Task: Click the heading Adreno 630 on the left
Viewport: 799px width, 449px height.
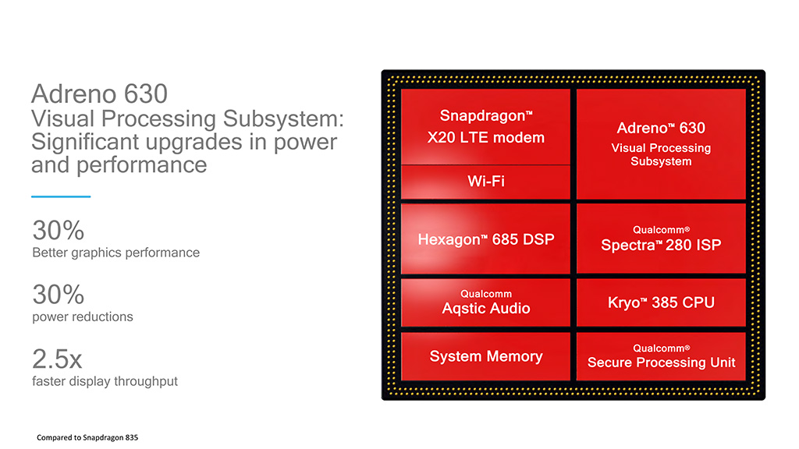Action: click(x=99, y=94)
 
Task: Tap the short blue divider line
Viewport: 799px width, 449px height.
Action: click(x=61, y=196)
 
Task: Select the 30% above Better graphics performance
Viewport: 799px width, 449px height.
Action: click(x=58, y=231)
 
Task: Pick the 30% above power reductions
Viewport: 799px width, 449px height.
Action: click(x=58, y=295)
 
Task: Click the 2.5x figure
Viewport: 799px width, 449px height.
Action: click(x=57, y=359)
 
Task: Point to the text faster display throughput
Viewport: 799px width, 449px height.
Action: click(x=105, y=381)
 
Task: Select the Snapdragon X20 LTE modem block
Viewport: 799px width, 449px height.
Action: click(x=485, y=126)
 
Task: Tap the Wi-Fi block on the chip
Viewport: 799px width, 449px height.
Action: click(x=485, y=182)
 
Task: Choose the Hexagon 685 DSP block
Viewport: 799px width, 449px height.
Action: click(x=485, y=239)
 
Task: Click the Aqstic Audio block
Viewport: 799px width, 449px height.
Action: click(x=485, y=302)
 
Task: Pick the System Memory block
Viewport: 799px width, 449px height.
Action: click(x=485, y=356)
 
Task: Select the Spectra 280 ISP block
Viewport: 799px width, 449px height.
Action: click(x=661, y=239)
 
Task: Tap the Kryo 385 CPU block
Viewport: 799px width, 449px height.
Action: click(x=661, y=302)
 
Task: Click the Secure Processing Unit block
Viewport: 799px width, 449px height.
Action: click(x=661, y=356)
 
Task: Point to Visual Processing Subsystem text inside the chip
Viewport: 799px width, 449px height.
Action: click(x=661, y=154)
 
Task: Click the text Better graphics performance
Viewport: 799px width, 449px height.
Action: click(x=115, y=253)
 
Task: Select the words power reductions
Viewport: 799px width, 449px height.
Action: click(x=83, y=316)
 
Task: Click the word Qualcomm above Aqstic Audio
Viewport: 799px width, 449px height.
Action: click(x=485, y=294)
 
